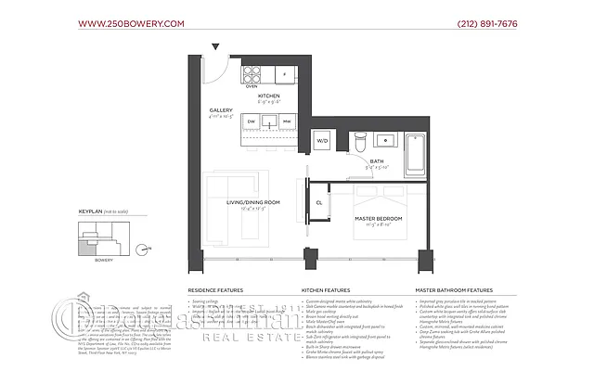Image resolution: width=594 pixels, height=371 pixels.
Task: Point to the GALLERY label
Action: [x=221, y=109]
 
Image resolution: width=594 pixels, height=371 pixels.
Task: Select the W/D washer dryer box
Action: [x=323, y=142]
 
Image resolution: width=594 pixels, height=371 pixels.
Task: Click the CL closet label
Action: [x=318, y=201]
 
